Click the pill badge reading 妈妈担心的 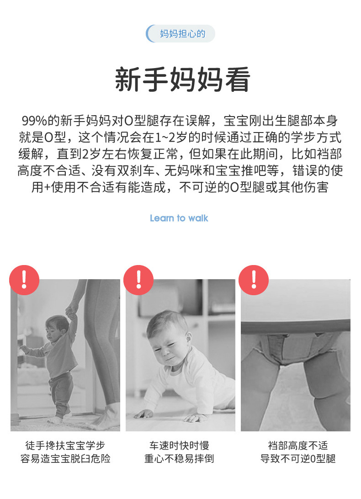click(180, 33)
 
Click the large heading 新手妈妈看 click(182, 80)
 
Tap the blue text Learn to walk click(179, 218)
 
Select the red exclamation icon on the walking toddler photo click(24, 280)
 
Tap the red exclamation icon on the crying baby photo click(138, 280)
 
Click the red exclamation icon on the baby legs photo click(254, 280)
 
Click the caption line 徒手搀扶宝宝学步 click(65, 445)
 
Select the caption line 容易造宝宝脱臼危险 click(65, 459)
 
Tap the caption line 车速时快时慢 click(179, 445)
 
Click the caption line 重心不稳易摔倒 click(179, 459)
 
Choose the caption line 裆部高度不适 click(297, 445)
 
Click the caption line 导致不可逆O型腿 click(298, 459)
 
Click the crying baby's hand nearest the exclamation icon click(144, 414)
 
